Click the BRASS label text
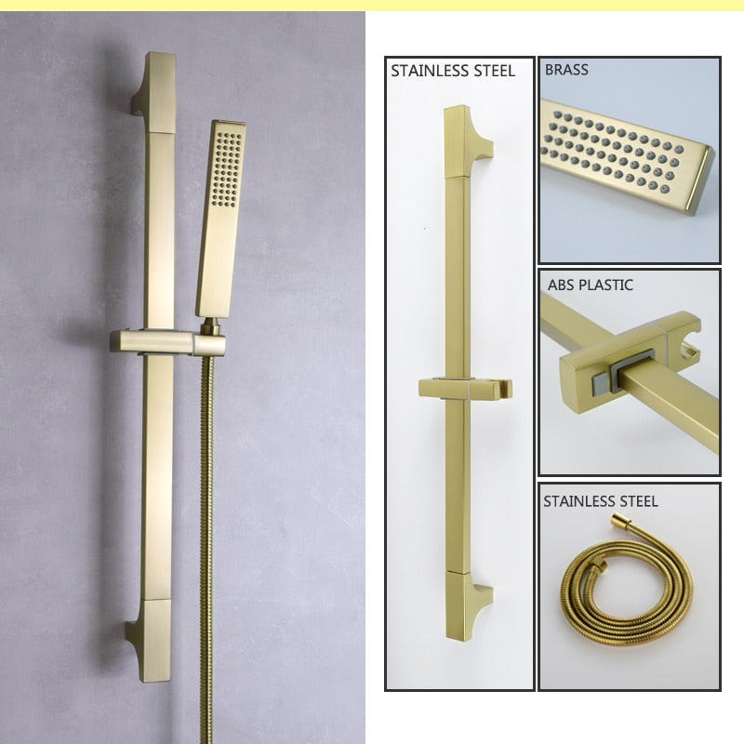[566, 70]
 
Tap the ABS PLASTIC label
[591, 285]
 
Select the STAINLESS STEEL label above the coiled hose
[600, 501]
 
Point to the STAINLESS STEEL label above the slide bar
[453, 72]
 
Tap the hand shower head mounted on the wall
[220, 219]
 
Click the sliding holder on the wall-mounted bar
[167, 342]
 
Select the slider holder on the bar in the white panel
[466, 389]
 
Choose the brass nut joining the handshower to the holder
[211, 326]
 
